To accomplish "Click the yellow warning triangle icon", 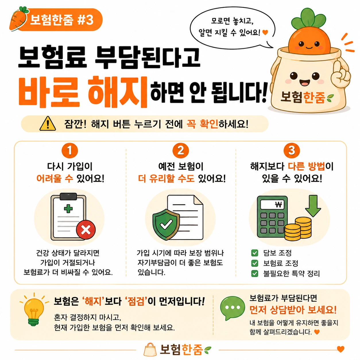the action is click(48, 123).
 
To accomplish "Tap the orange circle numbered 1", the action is click(70, 151).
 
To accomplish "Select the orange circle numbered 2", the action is click(181, 151).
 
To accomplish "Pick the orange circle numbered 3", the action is click(292, 151).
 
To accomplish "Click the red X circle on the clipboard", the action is click(86, 230).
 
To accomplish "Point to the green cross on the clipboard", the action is click(68, 208).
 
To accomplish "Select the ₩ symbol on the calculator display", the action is click(278, 205).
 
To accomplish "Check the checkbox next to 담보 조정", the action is click(255, 253).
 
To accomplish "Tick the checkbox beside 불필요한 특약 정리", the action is click(255, 274).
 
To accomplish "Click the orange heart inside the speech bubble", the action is click(265, 32).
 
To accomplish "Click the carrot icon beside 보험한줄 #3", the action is click(18, 19).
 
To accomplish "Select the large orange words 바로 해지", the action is click(83, 92).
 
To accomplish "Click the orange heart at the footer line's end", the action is click(340, 349).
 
